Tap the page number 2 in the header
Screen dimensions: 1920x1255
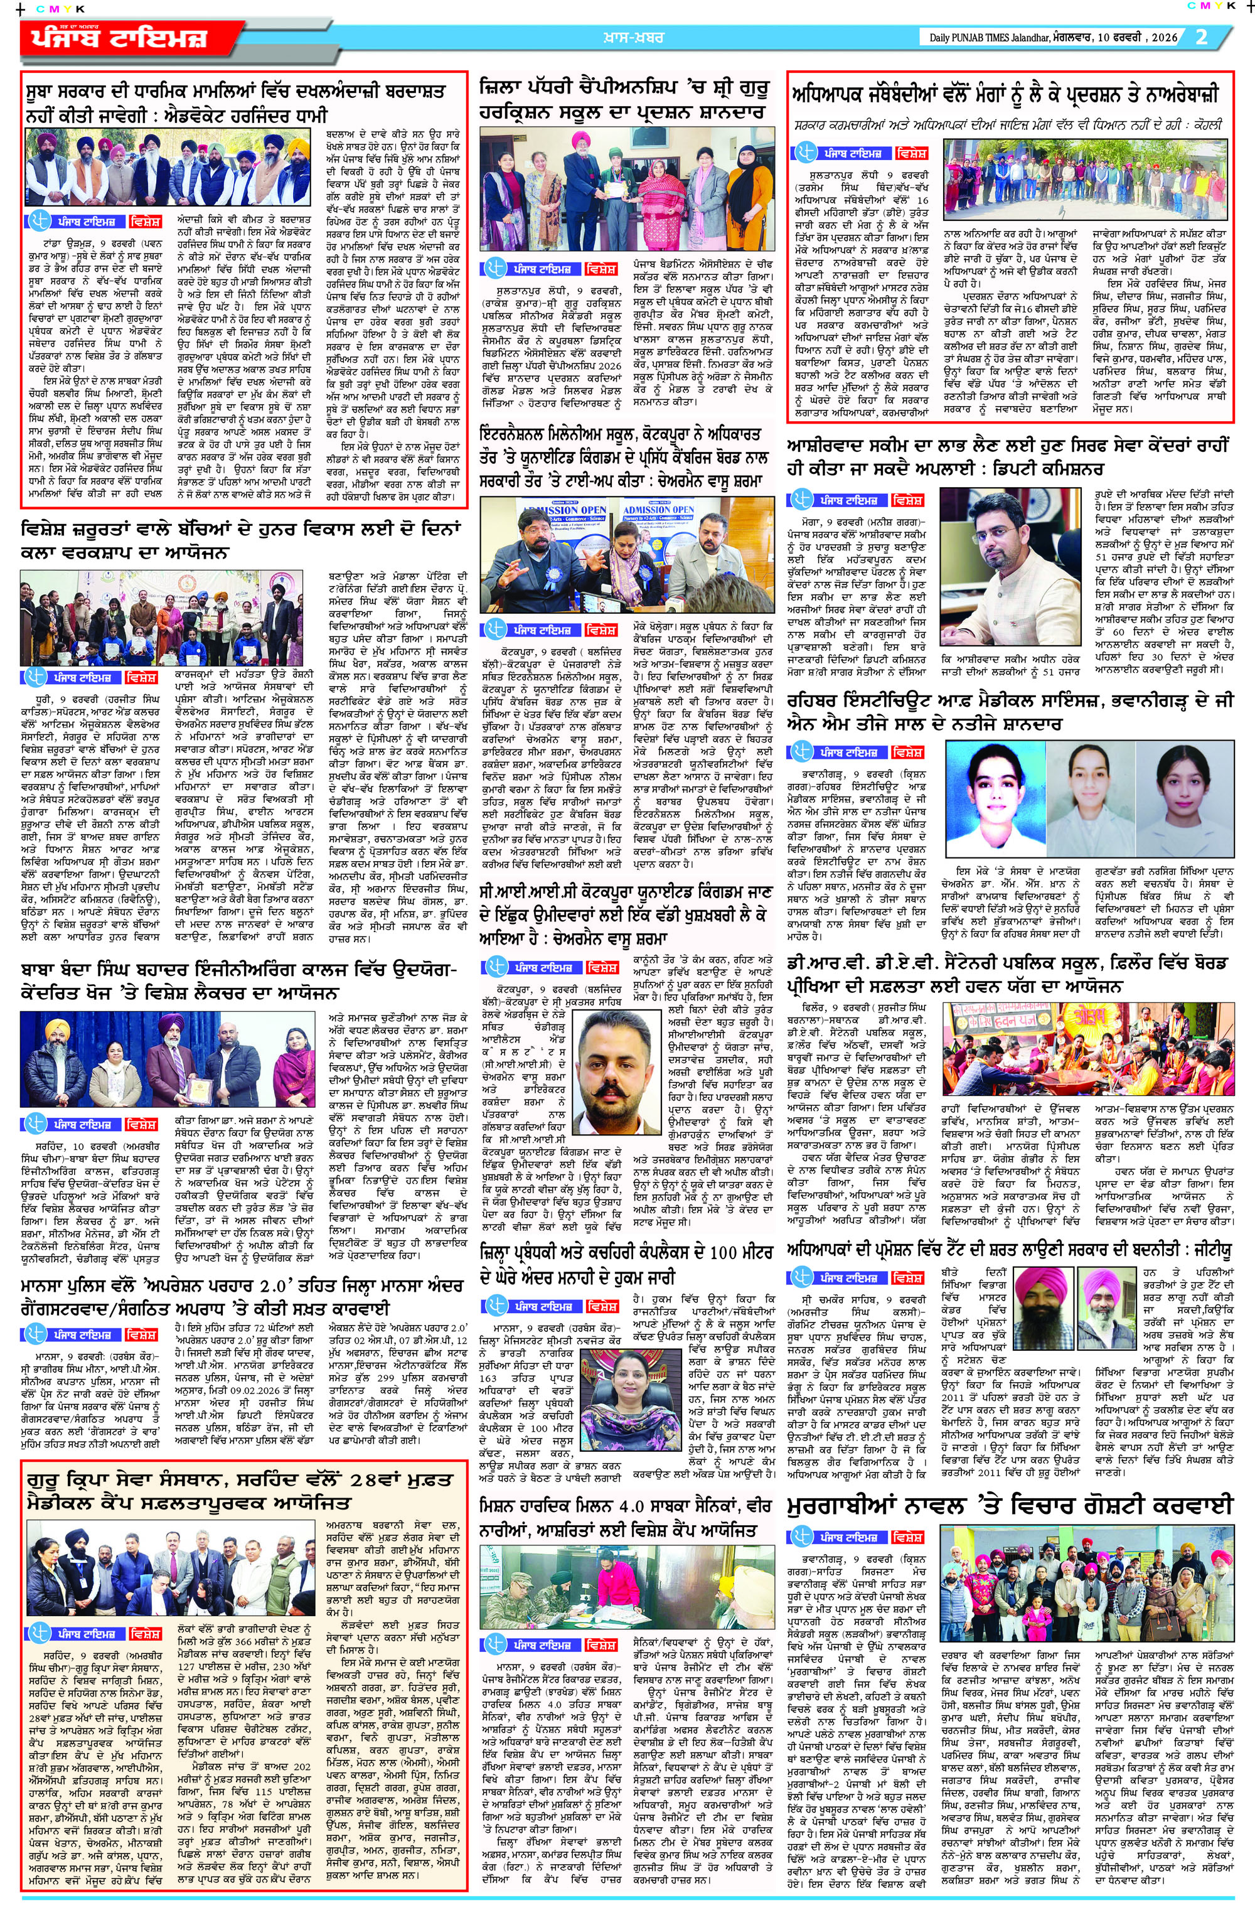(x=1201, y=37)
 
